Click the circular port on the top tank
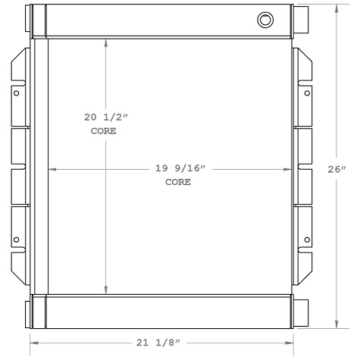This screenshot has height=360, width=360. (x=264, y=20)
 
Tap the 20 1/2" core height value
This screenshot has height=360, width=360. (x=106, y=117)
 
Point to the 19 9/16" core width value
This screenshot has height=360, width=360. (x=178, y=168)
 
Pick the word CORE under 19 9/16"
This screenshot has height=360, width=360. (x=178, y=183)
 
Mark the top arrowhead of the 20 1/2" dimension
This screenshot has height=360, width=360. (x=106, y=42)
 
